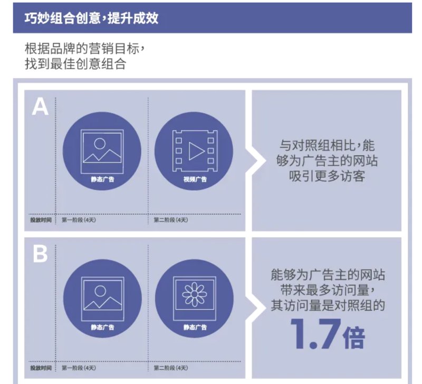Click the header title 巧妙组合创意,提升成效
[91, 18]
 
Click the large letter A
[40, 107]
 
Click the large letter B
[40, 254]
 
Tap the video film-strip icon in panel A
[195, 151]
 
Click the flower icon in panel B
[195, 295]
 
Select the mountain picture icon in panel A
[102, 151]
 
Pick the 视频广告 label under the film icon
[195, 179]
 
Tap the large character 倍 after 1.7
[353, 337]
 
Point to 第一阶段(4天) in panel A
[79, 220]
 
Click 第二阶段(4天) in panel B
[170, 368]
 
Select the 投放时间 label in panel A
[41, 220]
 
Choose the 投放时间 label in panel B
[41, 368]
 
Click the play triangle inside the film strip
[195, 151]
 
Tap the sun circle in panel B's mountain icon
[100, 291]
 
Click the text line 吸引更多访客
[327, 176]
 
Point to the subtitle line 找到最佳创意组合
[75, 64]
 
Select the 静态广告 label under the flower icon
[195, 327]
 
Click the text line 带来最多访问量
[328, 290]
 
